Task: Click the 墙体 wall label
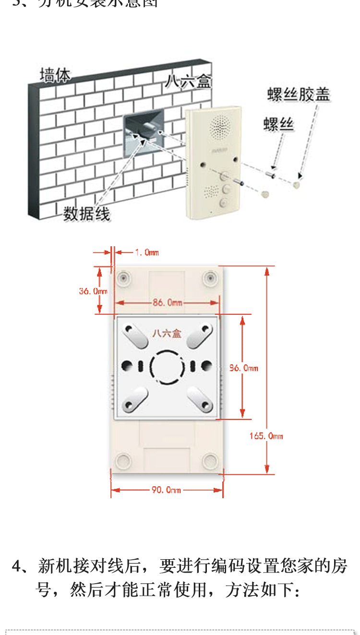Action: point(55,75)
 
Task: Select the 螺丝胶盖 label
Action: point(299,95)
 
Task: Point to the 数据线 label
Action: point(87,214)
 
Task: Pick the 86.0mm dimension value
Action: point(168,303)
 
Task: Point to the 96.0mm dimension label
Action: point(243,368)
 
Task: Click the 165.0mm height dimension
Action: point(266,436)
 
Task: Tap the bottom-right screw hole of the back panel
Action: point(210,461)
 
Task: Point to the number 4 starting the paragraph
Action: point(17,566)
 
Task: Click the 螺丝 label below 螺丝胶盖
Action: point(278,124)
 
